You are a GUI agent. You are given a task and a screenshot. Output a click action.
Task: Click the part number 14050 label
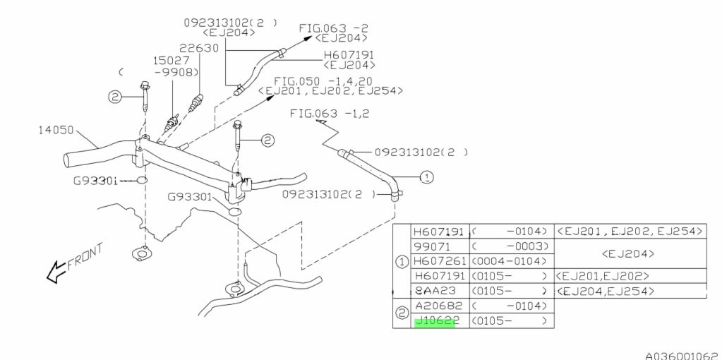click(56, 130)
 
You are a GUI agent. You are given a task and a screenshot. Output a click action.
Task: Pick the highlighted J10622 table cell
click(435, 321)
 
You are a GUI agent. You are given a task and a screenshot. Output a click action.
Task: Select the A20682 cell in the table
click(440, 306)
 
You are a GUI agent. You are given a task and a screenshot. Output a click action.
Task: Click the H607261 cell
click(440, 260)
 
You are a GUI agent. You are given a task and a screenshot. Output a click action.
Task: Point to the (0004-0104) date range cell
click(510, 260)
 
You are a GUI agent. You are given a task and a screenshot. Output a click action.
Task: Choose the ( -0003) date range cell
click(510, 246)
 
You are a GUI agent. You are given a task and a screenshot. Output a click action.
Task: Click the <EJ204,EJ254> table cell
click(605, 291)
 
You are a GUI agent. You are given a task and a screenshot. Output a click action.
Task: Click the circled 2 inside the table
click(402, 313)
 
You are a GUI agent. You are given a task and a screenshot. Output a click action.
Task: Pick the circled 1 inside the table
click(402, 260)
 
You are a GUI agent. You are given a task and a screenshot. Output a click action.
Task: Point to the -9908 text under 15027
click(172, 72)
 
